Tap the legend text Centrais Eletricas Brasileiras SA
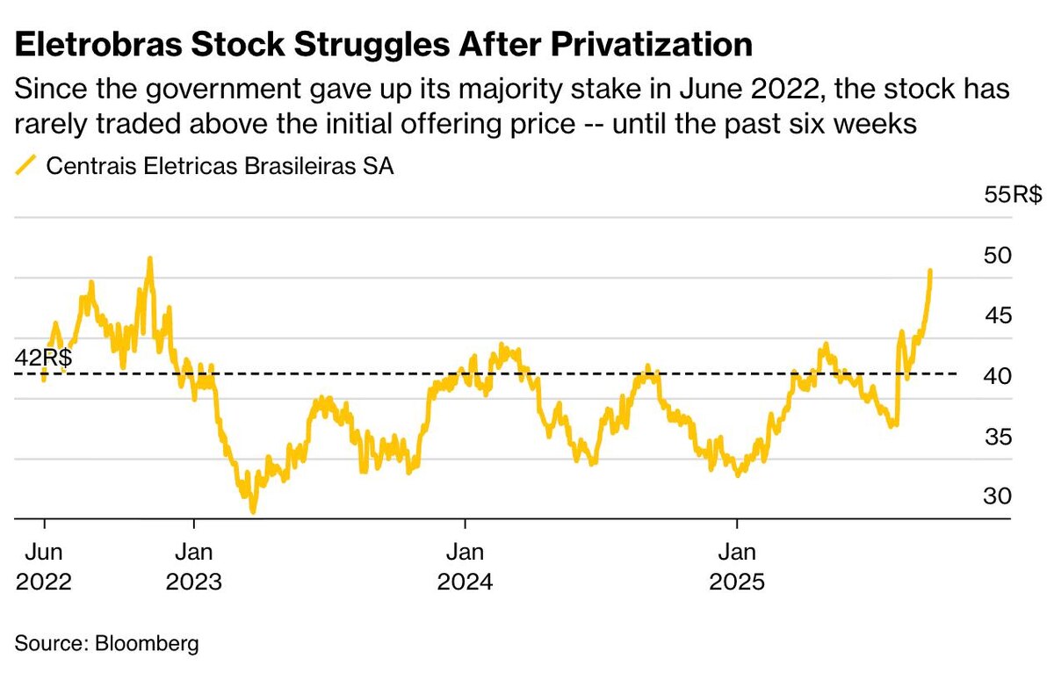[220, 166]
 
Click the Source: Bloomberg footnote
[107, 643]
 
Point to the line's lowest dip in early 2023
[253, 510]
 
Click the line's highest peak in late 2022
[150, 258]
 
